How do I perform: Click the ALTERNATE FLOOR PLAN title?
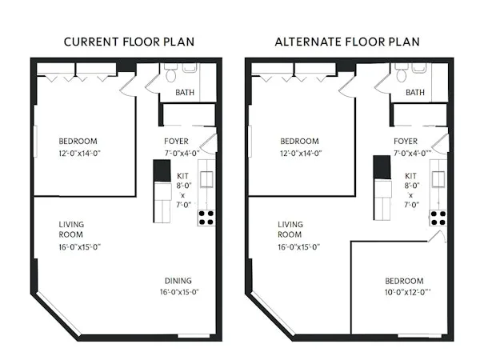pyautogui.click(x=348, y=42)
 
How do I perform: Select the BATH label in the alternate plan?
pyautogui.click(x=415, y=92)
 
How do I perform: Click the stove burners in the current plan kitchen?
pyautogui.click(x=206, y=217)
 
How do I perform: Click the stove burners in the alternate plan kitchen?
pyautogui.click(x=438, y=217)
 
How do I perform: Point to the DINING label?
pyautogui.click(x=178, y=281)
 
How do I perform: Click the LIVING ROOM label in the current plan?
pyautogui.click(x=71, y=230)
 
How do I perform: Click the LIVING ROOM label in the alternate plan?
pyautogui.click(x=290, y=230)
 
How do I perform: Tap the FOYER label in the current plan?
pyautogui.click(x=176, y=141)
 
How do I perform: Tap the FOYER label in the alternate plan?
pyautogui.click(x=406, y=141)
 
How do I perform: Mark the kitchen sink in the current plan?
pyautogui.click(x=206, y=179)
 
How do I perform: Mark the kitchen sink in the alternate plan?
pyautogui.click(x=438, y=179)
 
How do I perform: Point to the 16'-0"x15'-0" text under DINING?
pyautogui.click(x=178, y=293)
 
